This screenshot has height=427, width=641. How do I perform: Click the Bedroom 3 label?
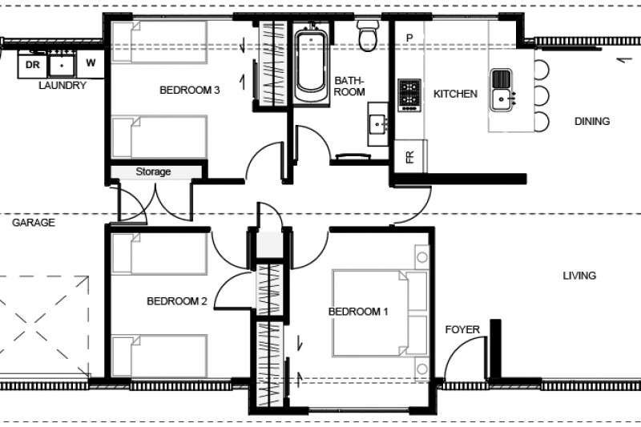click(x=190, y=91)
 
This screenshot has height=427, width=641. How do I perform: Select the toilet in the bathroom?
click(x=369, y=36)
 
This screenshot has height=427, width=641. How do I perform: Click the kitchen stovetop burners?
click(x=409, y=95)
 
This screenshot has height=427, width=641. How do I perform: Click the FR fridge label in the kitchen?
click(x=410, y=156)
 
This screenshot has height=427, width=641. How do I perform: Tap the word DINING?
click(x=592, y=122)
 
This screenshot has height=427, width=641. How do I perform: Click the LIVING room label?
click(x=579, y=276)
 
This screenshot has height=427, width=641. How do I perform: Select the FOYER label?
click(x=463, y=329)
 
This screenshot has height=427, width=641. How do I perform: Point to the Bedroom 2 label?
click(x=177, y=302)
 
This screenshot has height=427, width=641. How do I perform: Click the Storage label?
click(x=153, y=171)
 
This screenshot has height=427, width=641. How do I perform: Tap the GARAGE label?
click(x=34, y=223)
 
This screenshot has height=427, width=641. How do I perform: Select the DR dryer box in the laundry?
click(x=33, y=64)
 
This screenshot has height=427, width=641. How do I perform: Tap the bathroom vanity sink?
click(x=377, y=124)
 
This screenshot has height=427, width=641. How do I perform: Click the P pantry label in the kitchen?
click(x=409, y=38)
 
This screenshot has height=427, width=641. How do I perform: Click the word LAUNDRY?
click(x=62, y=85)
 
